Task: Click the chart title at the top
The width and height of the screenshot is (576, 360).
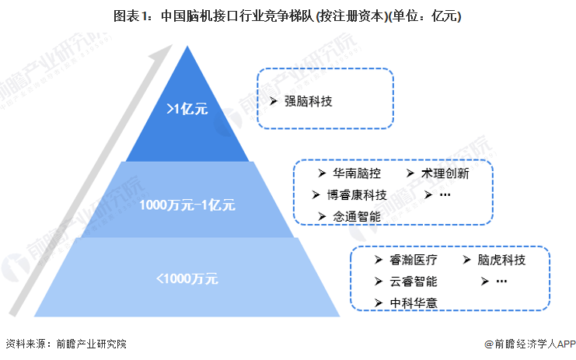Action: click(287, 16)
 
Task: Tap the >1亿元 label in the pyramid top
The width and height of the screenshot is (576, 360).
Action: click(187, 109)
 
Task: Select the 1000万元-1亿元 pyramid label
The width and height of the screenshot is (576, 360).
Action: click(187, 204)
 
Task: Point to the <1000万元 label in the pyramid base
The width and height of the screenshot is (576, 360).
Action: click(187, 278)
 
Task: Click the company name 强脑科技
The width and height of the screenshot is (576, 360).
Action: click(308, 101)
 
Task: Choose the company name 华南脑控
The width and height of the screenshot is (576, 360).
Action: click(357, 173)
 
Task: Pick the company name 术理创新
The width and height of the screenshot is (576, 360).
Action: click(445, 173)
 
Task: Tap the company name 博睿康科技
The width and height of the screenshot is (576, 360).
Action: click(357, 194)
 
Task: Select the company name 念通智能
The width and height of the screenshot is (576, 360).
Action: click(357, 216)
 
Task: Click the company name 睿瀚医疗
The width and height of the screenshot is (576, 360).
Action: click(414, 260)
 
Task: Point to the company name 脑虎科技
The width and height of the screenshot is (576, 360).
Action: click(501, 260)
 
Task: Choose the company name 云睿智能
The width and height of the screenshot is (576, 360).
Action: click(414, 281)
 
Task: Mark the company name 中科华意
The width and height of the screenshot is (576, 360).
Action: click(414, 303)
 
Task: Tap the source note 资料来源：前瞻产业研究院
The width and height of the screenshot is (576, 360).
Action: click(66, 344)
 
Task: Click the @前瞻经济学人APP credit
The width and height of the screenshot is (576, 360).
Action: click(529, 344)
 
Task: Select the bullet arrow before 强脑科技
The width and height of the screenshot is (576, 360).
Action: click(273, 101)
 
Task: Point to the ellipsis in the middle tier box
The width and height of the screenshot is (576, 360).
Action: click(445, 194)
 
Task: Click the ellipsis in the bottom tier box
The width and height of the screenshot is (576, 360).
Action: click(501, 281)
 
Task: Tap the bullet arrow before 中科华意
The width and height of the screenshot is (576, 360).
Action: click(379, 303)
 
